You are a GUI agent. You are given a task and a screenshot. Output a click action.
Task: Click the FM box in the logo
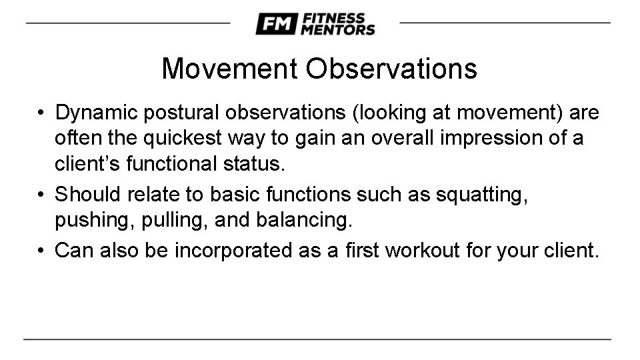(276, 24)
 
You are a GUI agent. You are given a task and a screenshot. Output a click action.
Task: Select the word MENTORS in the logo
(337, 30)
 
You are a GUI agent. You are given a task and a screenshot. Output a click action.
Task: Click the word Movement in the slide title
(230, 69)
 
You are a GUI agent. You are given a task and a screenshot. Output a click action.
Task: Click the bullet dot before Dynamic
(41, 114)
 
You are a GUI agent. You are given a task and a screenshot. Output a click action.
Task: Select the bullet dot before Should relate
(41, 195)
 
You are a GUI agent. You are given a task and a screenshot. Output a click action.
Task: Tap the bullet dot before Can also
(41, 251)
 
